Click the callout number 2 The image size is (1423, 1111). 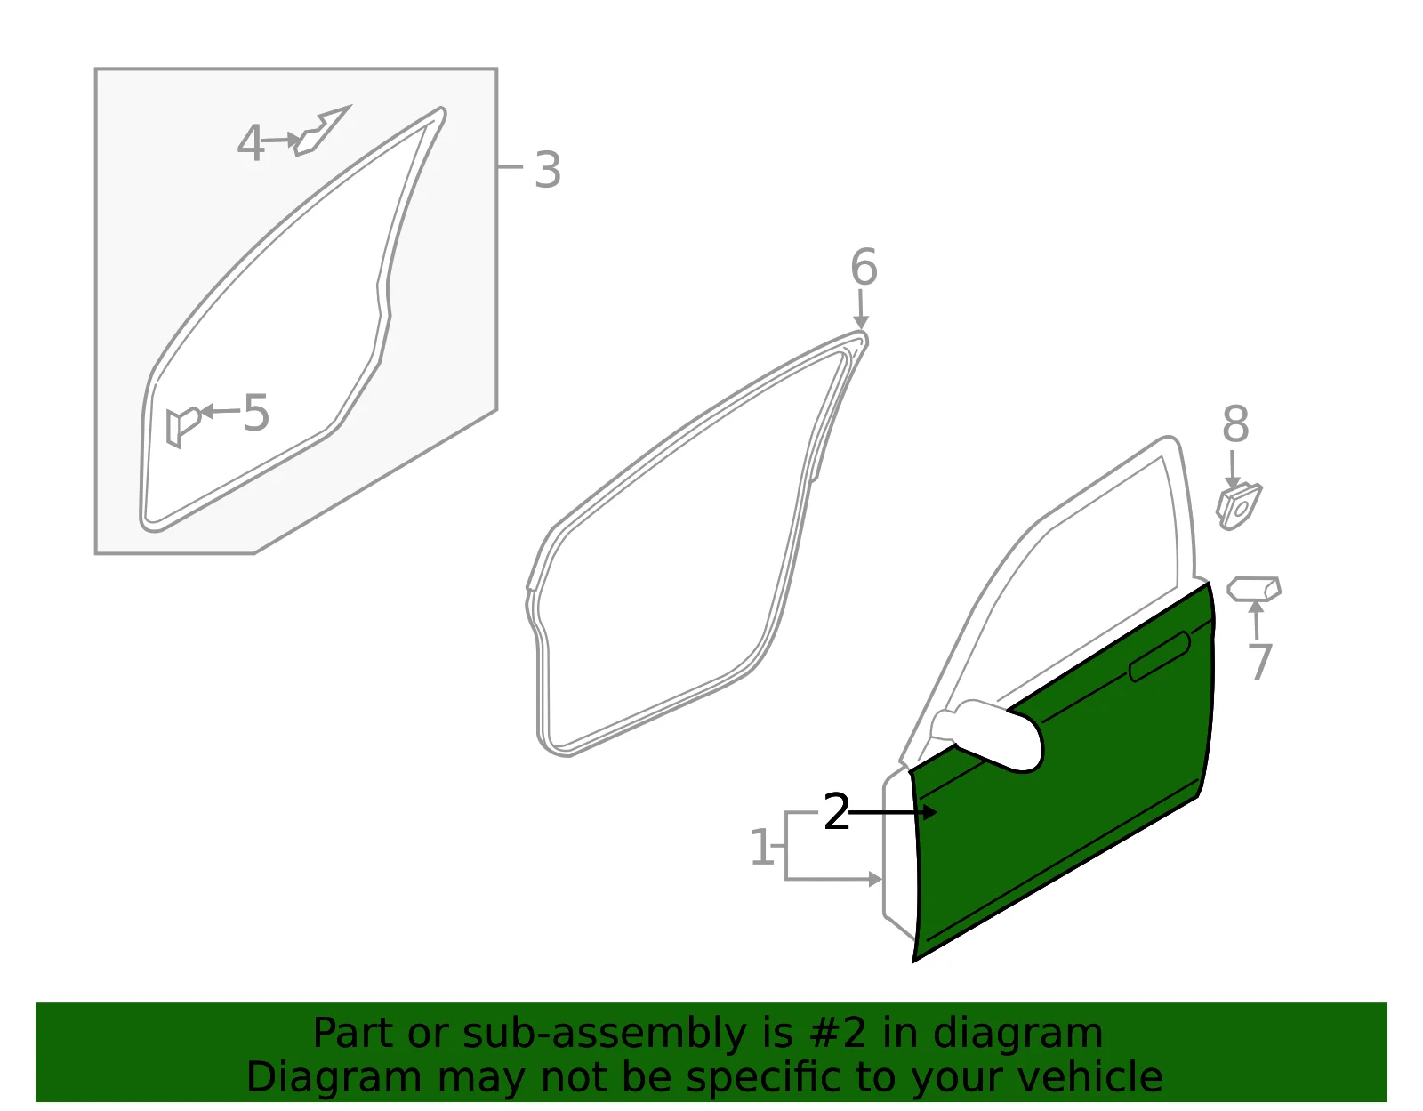[x=836, y=812]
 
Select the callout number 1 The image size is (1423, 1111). [x=761, y=847]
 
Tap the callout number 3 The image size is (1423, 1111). [x=548, y=170]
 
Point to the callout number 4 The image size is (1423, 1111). [x=250, y=142]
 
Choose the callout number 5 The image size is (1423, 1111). [x=255, y=413]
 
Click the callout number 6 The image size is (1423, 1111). [x=864, y=267]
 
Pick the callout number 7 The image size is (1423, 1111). [x=1260, y=662]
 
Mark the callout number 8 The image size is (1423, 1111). [x=1235, y=423]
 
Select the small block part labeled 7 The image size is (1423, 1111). [x=1253, y=588]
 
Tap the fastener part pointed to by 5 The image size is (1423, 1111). [x=182, y=427]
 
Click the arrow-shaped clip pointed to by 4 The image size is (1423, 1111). [x=321, y=131]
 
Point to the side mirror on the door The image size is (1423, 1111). [x=987, y=735]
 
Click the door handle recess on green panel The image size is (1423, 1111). [x=1159, y=656]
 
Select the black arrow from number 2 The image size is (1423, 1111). [x=893, y=812]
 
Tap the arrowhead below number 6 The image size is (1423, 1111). [x=861, y=321]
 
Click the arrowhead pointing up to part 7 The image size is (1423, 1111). [x=1256, y=607]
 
